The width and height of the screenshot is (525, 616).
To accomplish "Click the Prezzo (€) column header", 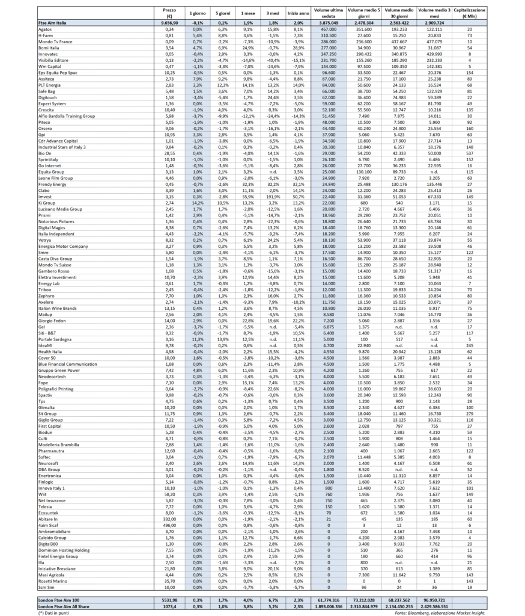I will [x=169, y=13].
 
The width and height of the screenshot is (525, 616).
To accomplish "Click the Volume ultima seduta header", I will [x=328, y=13].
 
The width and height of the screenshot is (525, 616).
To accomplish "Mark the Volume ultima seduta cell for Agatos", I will [x=328, y=28].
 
